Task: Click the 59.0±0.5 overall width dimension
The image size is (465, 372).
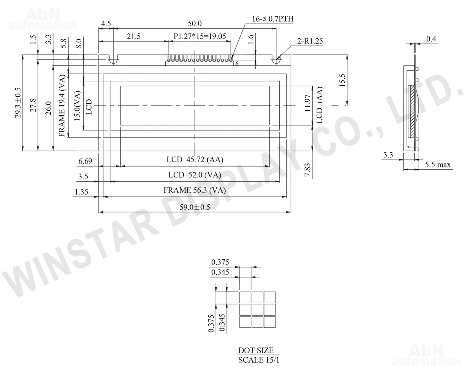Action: point(195,207)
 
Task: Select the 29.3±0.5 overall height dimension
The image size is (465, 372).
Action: point(18,103)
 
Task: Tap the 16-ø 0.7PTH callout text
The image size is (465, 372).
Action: point(273,19)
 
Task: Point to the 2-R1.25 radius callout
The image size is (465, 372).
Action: point(310,41)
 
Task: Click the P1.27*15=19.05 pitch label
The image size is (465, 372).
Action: point(200,36)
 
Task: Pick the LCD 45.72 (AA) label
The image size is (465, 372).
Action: point(195,160)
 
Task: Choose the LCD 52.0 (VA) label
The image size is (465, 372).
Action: point(195,175)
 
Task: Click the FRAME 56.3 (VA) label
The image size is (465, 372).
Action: point(195,190)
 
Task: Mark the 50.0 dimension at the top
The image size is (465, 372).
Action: point(195,23)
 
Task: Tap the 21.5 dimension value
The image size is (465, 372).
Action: point(134,36)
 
